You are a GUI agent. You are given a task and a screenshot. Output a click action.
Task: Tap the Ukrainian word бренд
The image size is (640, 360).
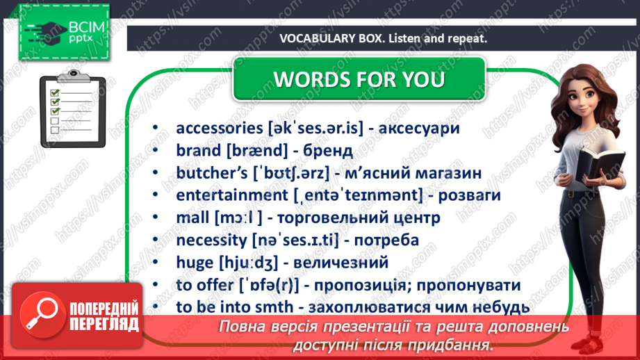click(x=328, y=151)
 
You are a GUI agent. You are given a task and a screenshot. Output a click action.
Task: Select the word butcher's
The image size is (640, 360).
click(x=211, y=173)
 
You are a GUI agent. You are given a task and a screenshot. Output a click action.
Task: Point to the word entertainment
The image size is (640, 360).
click(x=232, y=195)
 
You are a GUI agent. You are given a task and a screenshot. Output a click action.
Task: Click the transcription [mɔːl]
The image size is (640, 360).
click(x=238, y=218)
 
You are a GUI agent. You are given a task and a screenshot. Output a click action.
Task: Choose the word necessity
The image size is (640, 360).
click(x=211, y=240)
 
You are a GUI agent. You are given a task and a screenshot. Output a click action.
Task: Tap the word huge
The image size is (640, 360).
click(x=195, y=263)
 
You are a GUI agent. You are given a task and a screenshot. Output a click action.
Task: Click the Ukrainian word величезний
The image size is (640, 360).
click(x=340, y=263)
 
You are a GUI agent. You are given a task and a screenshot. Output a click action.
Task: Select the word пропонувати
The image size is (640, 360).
click(x=468, y=286)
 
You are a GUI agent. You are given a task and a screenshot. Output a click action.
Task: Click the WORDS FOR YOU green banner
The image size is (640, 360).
click(x=359, y=79)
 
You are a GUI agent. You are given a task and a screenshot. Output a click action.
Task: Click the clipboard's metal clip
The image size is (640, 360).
click(x=74, y=76)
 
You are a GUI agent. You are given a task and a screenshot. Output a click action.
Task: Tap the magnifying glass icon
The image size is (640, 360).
click(x=42, y=315)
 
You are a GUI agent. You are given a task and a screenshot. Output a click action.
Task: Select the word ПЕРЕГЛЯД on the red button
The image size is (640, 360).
click(x=104, y=325)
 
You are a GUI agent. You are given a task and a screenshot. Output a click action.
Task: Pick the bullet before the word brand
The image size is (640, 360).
click(x=155, y=151)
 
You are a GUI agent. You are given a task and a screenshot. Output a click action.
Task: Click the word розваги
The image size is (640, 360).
click(x=469, y=195)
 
